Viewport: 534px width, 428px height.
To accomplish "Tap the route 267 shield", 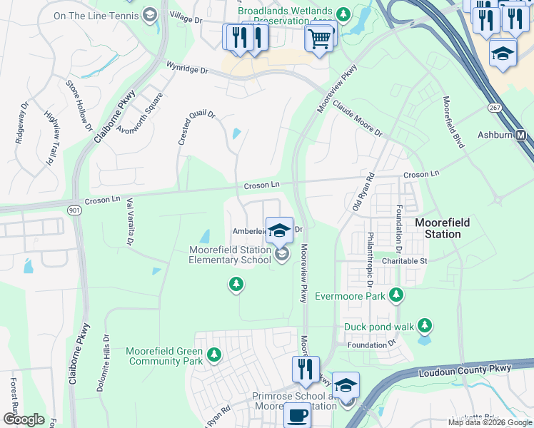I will coord(494,107).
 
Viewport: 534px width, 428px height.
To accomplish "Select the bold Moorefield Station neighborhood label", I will coord(442,228).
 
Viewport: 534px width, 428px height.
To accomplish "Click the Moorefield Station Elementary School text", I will coord(230,255).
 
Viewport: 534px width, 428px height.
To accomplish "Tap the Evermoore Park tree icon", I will coord(396,295).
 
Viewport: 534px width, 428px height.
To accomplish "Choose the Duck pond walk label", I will coord(378,327).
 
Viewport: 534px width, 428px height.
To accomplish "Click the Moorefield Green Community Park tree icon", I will coord(213,354).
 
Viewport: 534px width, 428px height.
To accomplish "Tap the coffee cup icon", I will coord(296,416).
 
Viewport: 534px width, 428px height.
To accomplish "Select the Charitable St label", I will coord(403,261).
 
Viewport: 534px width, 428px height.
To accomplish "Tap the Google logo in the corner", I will coord(24,419).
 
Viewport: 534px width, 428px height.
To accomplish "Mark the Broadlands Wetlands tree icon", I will coord(343,13).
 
